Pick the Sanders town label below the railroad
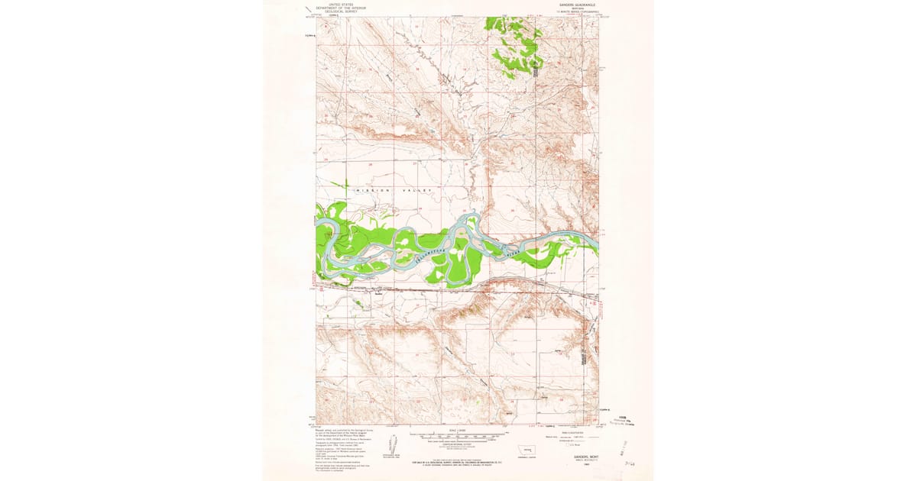coord(377,292)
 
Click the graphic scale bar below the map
coord(458,437)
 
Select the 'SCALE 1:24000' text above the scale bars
coord(458,431)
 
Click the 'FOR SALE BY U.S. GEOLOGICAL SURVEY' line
coord(458,461)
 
